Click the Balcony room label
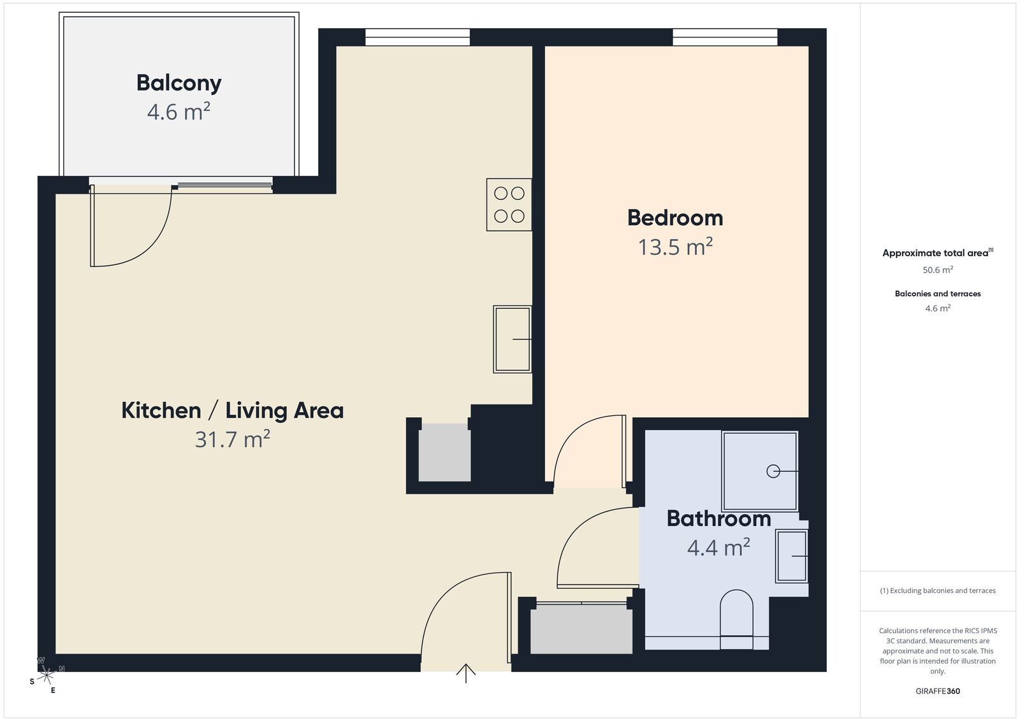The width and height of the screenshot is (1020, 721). [x=179, y=83]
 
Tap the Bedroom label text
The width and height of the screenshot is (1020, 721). [x=675, y=218]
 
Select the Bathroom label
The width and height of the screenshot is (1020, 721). [x=718, y=518]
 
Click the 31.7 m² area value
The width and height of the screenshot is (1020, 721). [x=232, y=439]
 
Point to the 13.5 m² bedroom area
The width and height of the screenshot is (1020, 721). [x=675, y=247]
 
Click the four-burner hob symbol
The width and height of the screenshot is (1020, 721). [x=509, y=204]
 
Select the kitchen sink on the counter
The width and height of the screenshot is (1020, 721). [x=513, y=339]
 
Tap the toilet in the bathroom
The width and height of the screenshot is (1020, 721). [x=736, y=619]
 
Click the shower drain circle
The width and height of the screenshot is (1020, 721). [x=773, y=471]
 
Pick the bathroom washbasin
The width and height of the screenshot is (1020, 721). [x=792, y=556]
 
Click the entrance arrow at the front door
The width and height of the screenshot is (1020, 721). [x=466, y=673]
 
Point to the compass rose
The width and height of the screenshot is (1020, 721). [x=46, y=676]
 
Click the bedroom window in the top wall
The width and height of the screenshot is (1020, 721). [x=725, y=37]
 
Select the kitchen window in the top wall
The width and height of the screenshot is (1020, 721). [x=418, y=37]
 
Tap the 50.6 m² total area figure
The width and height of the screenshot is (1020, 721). [x=938, y=270]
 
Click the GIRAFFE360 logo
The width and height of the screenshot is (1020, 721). [x=938, y=691]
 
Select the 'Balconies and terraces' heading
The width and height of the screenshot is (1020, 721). [x=938, y=294]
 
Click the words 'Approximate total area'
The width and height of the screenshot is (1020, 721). [x=935, y=253]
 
